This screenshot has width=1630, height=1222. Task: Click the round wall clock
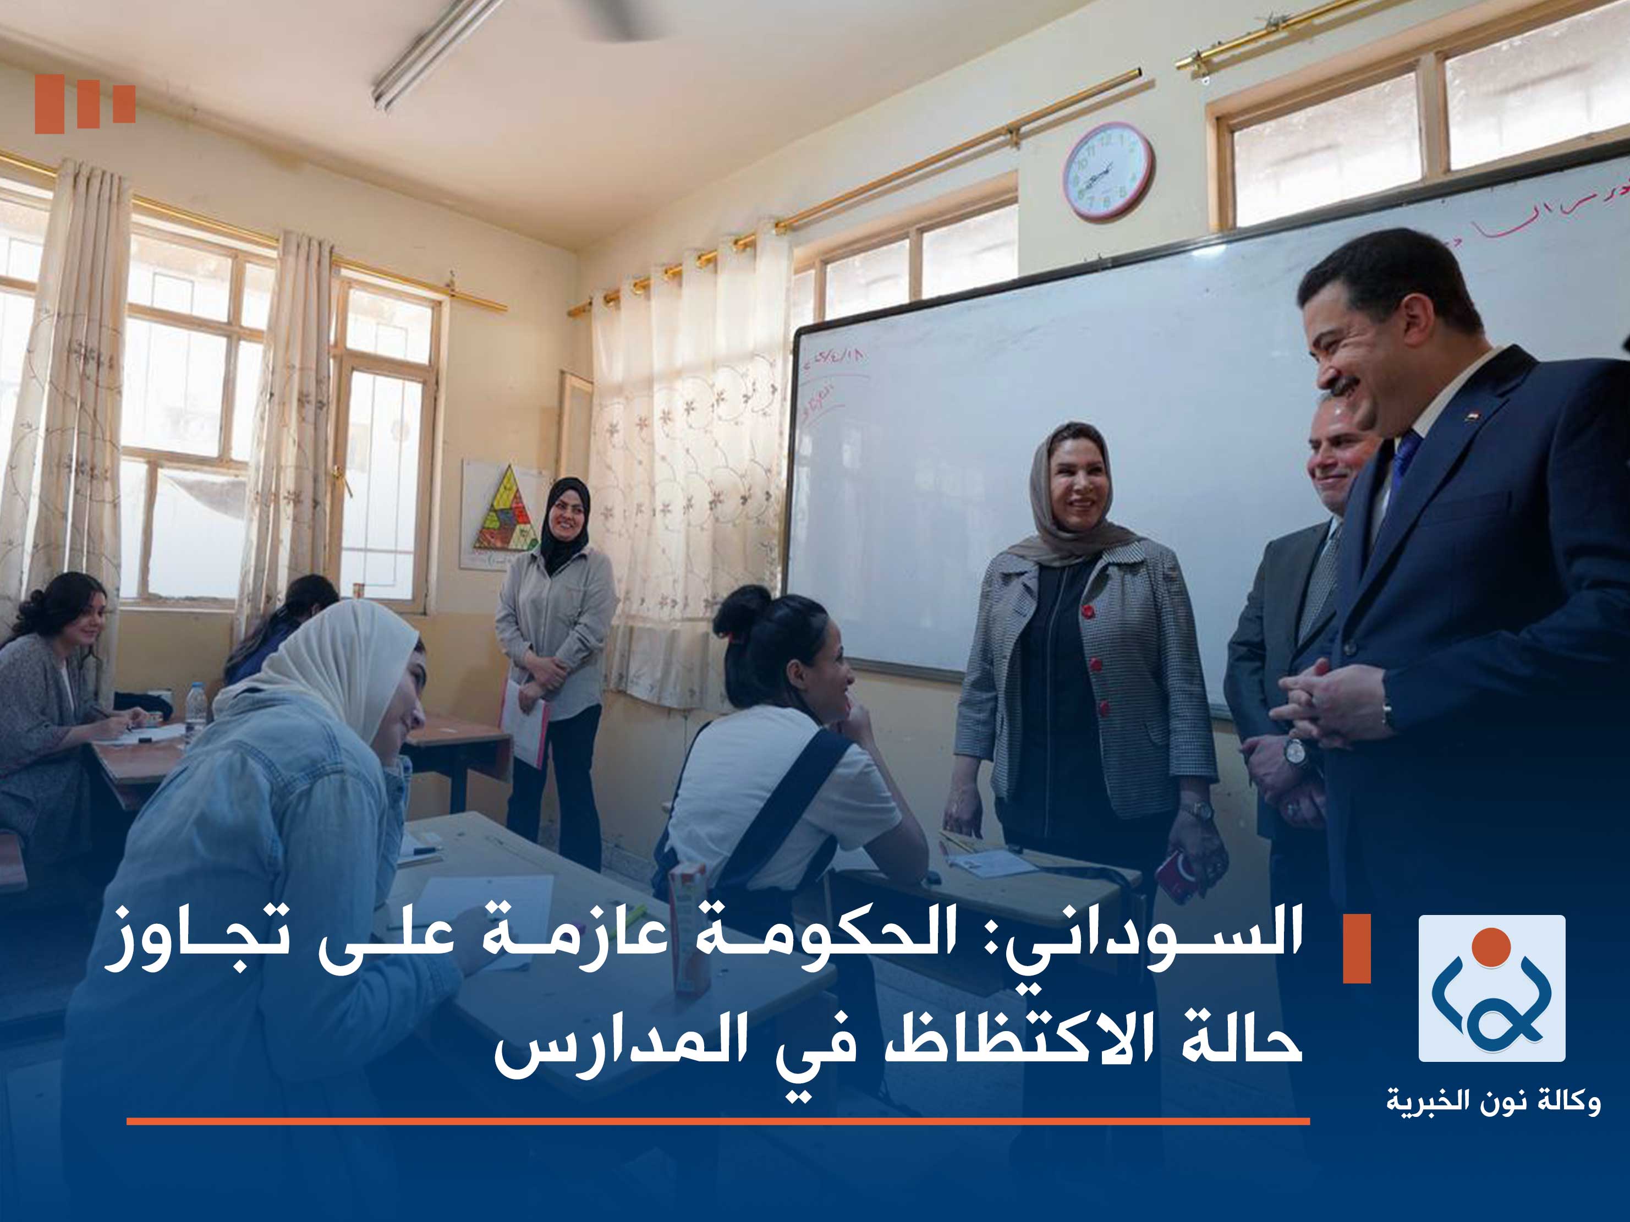[1107, 171]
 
